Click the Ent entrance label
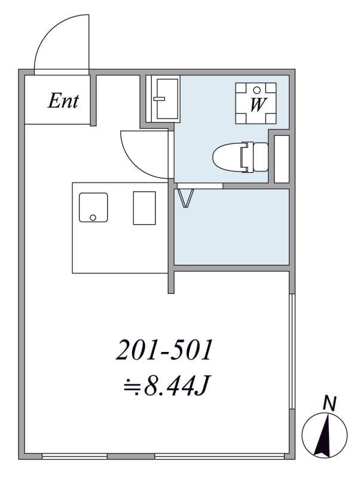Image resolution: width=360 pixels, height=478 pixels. pyautogui.click(x=63, y=101)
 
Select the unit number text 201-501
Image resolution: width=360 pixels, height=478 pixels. pyautogui.click(x=164, y=351)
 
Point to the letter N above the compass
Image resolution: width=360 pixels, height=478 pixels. pyautogui.click(x=330, y=404)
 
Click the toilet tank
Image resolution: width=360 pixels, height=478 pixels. pyautogui.click(x=260, y=157)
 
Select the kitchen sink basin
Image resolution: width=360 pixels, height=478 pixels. pyautogui.click(x=93, y=207)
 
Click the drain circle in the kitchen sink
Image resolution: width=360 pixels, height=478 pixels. pyautogui.click(x=93, y=217)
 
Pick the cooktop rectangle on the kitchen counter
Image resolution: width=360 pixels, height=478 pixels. pyautogui.click(x=144, y=208)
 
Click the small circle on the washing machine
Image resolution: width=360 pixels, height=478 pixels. pyautogui.click(x=257, y=90)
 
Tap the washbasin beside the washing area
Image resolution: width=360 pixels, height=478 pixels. pyautogui.click(x=167, y=99)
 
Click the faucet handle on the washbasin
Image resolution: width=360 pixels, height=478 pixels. pyautogui.click(x=159, y=99)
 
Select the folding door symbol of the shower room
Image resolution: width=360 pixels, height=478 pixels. pyautogui.click(x=186, y=198)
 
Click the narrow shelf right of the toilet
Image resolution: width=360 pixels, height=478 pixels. pyautogui.click(x=281, y=159)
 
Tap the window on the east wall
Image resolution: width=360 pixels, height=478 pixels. pyautogui.click(x=292, y=351)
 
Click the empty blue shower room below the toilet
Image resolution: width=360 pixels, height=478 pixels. pyautogui.click(x=231, y=227)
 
